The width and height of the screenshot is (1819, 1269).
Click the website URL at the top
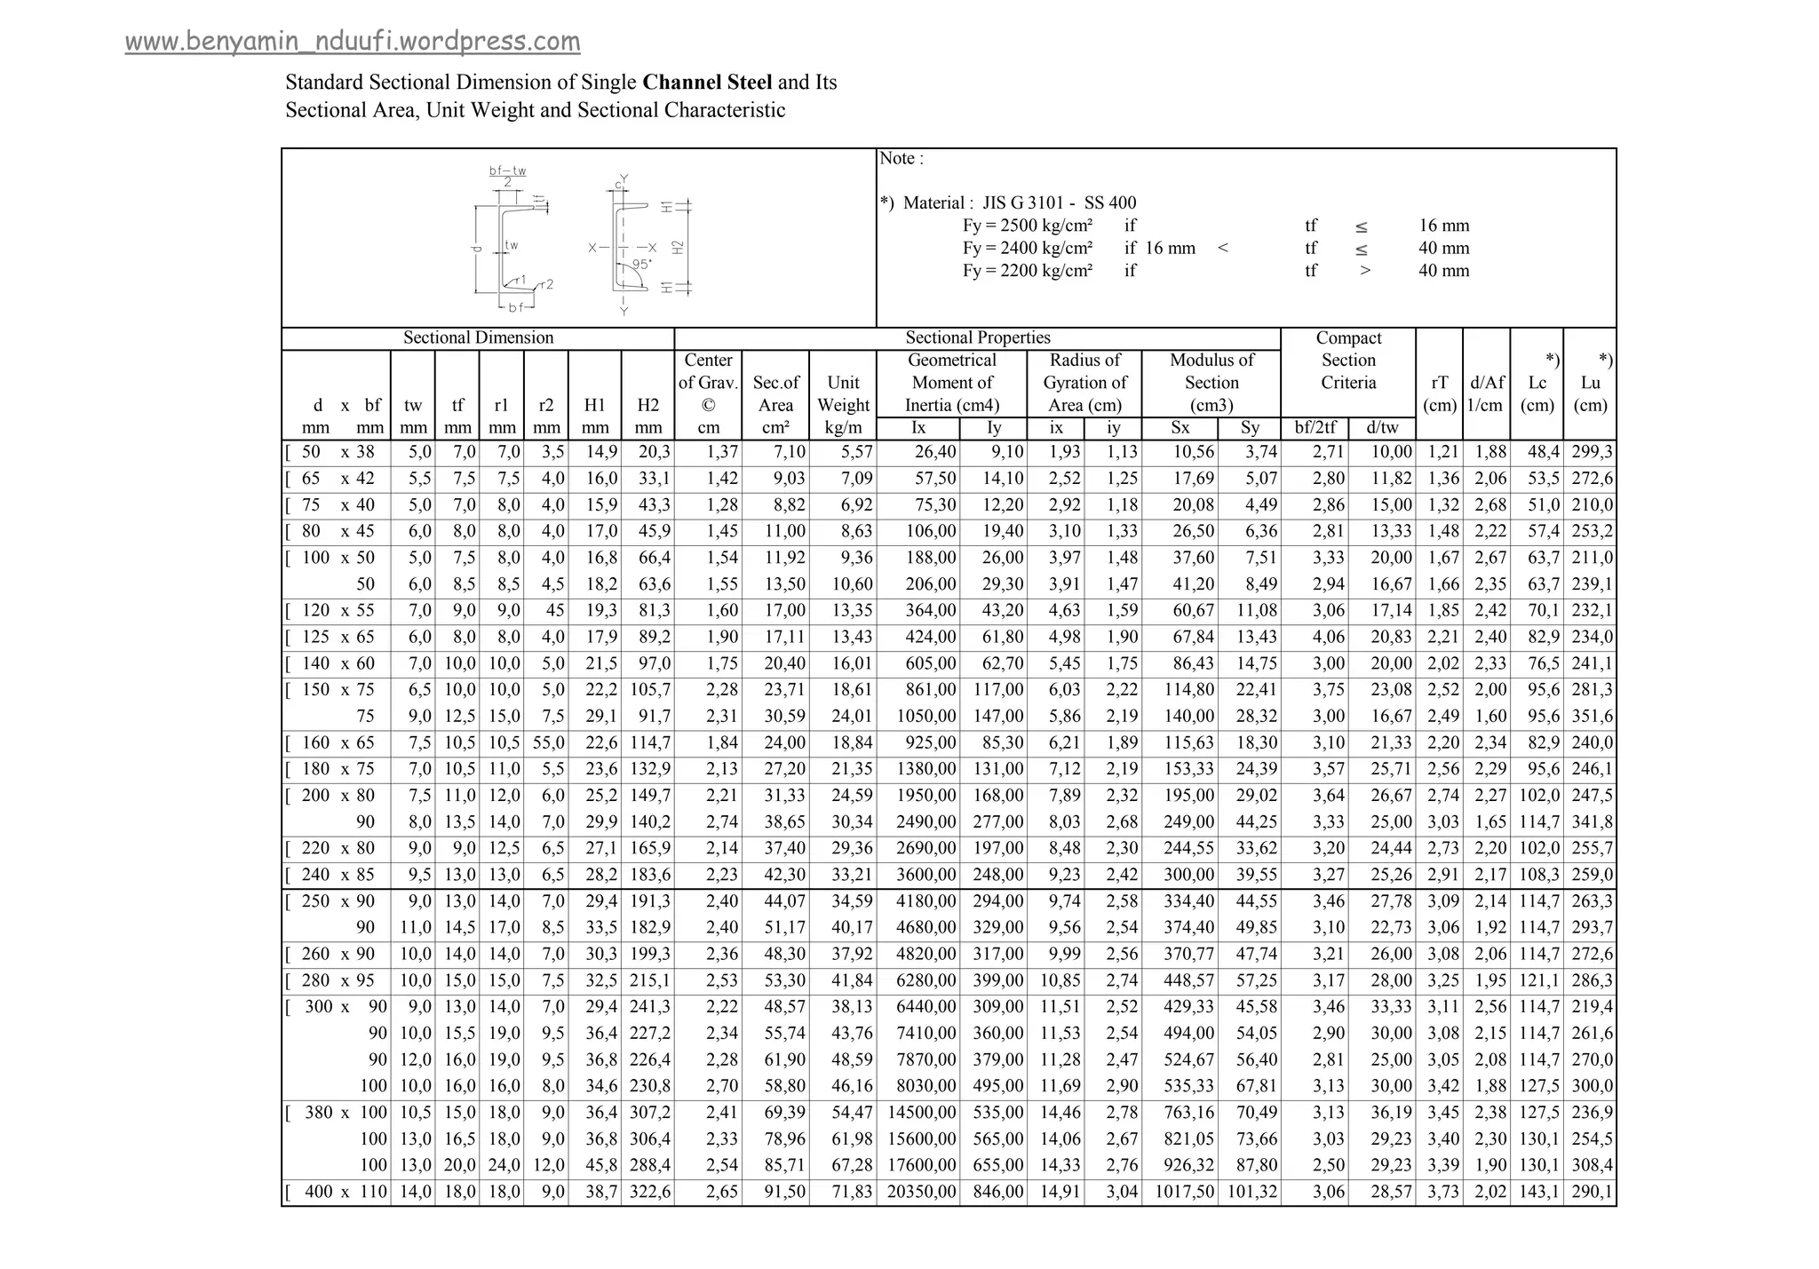coord(353,42)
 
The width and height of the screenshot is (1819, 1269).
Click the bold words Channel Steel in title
coord(707,83)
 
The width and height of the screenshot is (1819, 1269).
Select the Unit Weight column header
coord(843,393)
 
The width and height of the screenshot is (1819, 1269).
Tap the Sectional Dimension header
coord(478,337)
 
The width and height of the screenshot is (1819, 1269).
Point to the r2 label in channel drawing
coord(545,284)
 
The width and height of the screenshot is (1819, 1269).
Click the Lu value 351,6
coord(1592,716)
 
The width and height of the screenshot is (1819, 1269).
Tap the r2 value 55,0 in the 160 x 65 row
coord(548,742)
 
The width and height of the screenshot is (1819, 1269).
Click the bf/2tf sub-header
coord(1315,428)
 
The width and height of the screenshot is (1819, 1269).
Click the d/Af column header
coord(1486,393)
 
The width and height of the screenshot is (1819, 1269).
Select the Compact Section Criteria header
coord(1347,361)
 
